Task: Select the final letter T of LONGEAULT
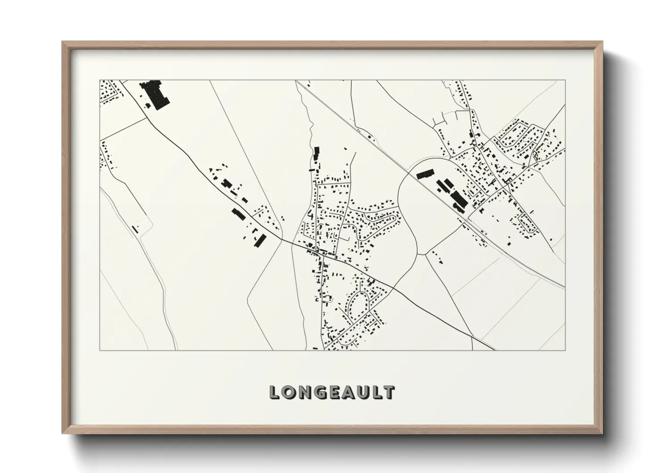click(389, 393)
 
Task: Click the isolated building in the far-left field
click(134, 228)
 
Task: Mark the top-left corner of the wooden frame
click(63, 42)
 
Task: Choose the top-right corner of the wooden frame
click(602, 42)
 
